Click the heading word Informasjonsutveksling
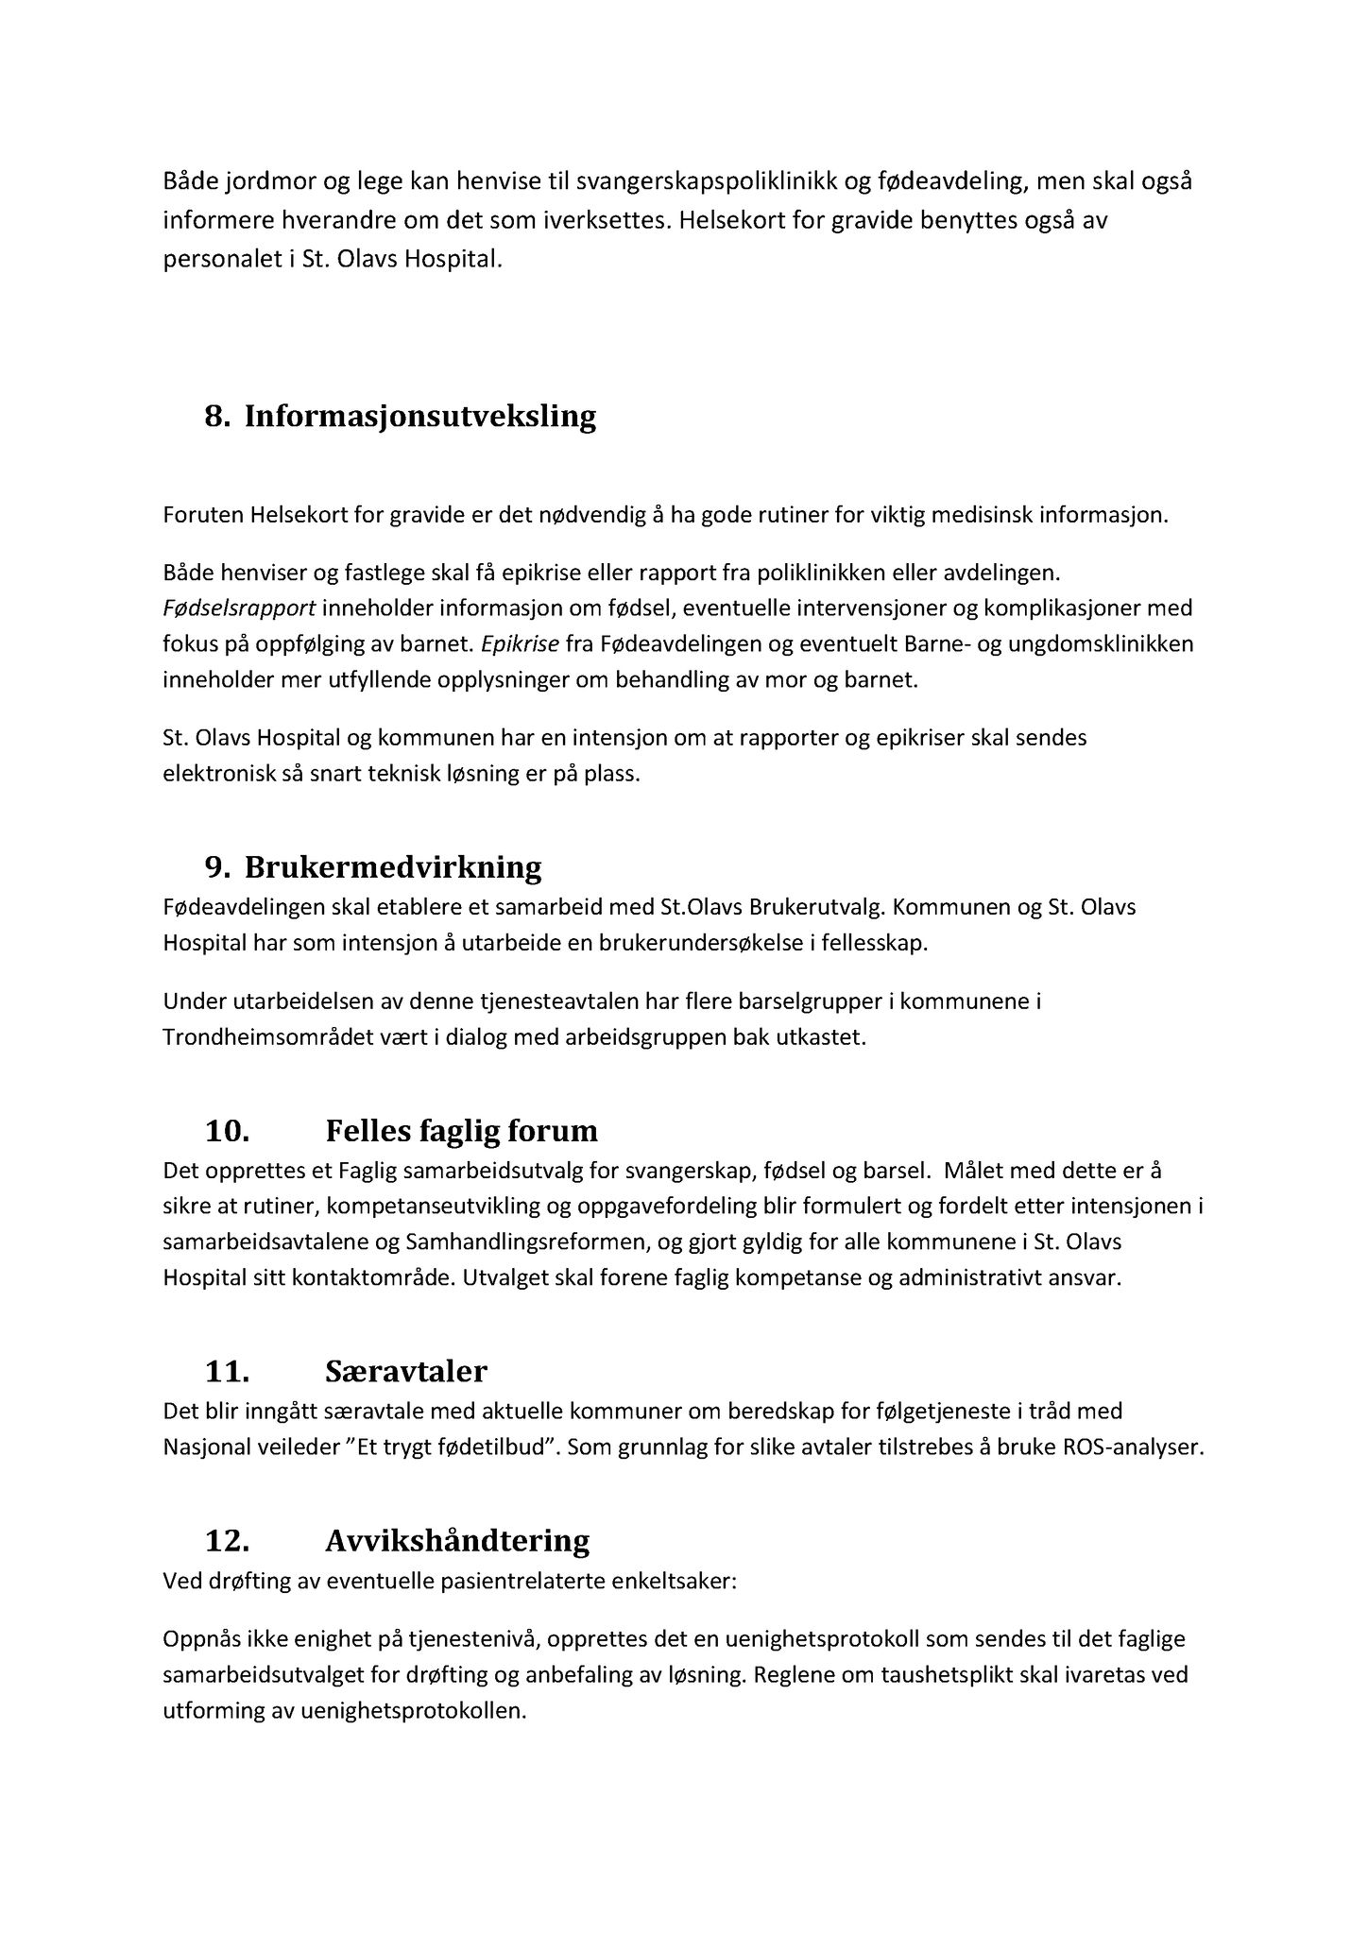coord(420,417)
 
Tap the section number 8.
coord(217,417)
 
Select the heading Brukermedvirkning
coord(393,867)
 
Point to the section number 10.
coord(227,1131)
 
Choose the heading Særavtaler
coord(406,1371)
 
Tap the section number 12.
coord(227,1541)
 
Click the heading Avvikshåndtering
coord(457,1541)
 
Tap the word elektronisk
coord(213,774)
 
